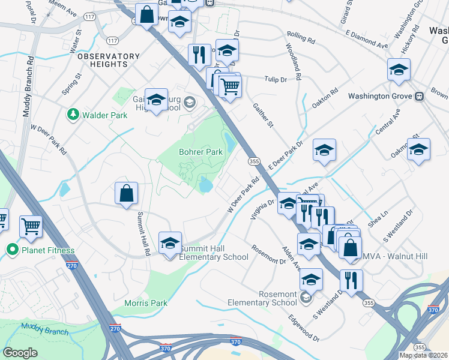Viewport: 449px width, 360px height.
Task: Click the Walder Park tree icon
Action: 73,113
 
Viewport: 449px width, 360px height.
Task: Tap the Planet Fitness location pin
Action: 11,250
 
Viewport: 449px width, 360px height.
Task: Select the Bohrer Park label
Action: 200,152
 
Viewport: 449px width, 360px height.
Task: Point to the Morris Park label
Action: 145,303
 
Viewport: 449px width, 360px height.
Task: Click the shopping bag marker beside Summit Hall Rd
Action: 127,194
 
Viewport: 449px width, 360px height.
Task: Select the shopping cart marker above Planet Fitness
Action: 31,227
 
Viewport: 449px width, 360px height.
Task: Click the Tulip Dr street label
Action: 276,79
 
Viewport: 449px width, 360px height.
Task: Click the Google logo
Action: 20,352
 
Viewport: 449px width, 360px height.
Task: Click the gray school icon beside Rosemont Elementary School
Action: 306,297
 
